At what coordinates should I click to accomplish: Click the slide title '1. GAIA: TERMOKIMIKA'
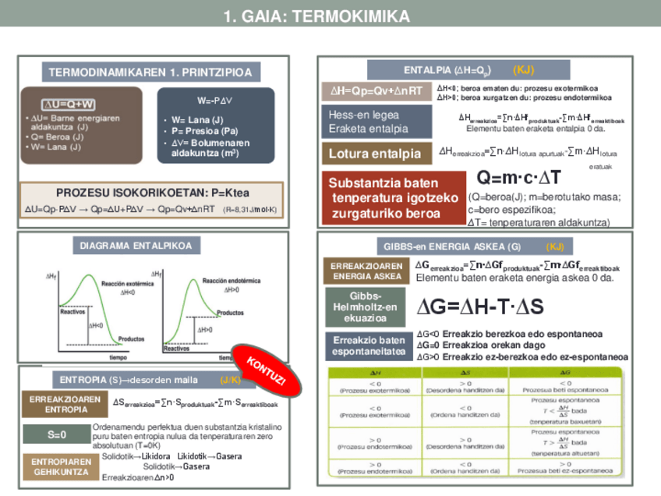point(316,16)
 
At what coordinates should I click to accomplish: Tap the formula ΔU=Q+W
point(69,105)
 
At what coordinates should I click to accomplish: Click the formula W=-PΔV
point(214,101)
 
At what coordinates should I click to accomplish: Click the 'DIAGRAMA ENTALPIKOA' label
point(136,246)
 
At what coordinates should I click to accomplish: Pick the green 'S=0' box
point(57,434)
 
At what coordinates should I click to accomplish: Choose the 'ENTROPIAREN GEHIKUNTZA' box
point(61,466)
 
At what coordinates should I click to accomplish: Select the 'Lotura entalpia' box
point(375,154)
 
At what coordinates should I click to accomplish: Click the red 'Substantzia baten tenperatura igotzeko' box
point(394,198)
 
